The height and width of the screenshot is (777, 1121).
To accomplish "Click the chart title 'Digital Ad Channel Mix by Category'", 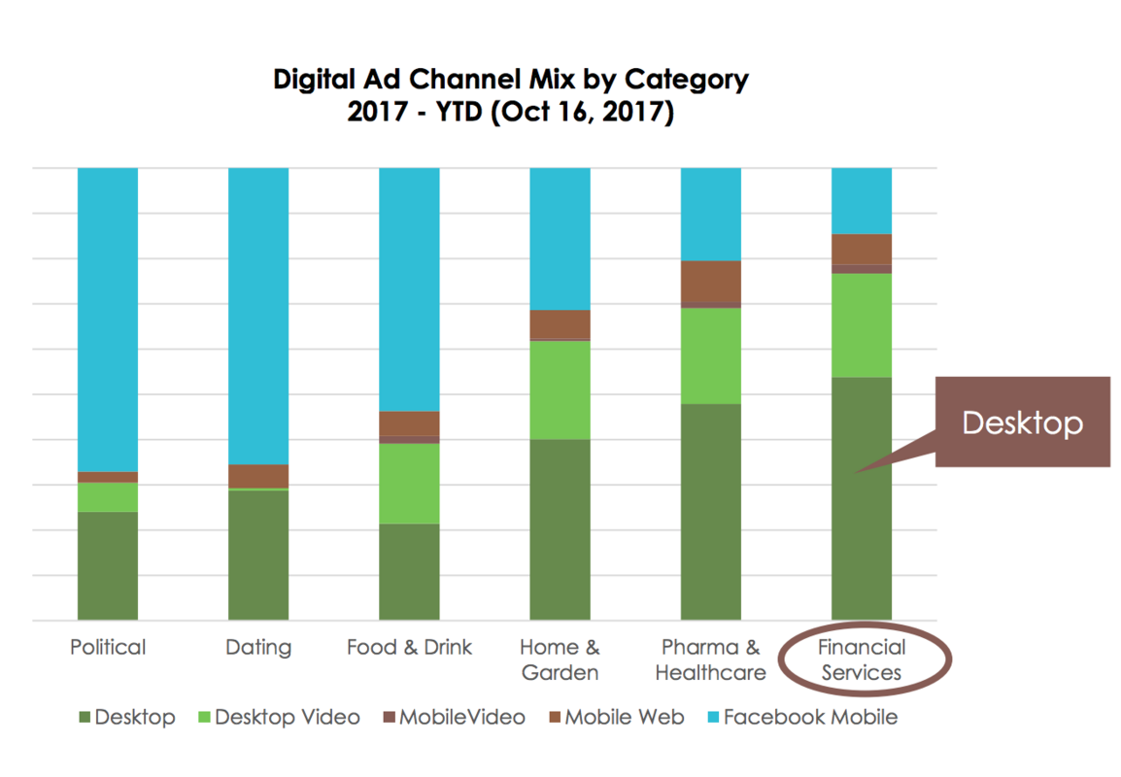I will pyautogui.click(x=511, y=79).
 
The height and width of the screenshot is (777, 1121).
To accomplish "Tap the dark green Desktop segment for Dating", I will pyautogui.click(x=258, y=554).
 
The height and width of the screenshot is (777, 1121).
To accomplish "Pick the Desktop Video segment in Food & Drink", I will pyautogui.click(x=409, y=484).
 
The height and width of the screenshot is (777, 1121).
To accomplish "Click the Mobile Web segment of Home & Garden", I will pyautogui.click(x=560, y=323).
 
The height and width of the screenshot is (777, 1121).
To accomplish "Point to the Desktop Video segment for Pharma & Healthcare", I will pyautogui.click(x=711, y=355).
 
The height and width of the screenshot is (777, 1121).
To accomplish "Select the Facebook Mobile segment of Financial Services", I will pyautogui.click(x=862, y=200).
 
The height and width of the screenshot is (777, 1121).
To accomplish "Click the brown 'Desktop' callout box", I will pyautogui.click(x=1022, y=422).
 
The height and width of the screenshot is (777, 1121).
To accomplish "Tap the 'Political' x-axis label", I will pyautogui.click(x=108, y=648).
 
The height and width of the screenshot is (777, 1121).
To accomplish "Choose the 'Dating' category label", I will pyautogui.click(x=258, y=648).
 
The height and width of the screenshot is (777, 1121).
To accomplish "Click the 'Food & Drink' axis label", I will pyautogui.click(x=409, y=648).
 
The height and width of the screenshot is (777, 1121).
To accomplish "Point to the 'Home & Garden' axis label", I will pyautogui.click(x=560, y=659).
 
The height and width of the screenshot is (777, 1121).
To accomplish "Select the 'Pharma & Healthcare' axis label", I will pyautogui.click(x=711, y=659).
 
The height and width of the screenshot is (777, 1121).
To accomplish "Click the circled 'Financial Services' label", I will pyautogui.click(x=862, y=659).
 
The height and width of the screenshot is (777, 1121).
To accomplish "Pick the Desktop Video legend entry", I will pyautogui.click(x=278, y=718).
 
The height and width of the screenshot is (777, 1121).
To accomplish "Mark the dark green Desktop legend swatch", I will pyautogui.click(x=85, y=719).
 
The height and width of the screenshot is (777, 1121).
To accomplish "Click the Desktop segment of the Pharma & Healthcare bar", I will pyautogui.click(x=711, y=511).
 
